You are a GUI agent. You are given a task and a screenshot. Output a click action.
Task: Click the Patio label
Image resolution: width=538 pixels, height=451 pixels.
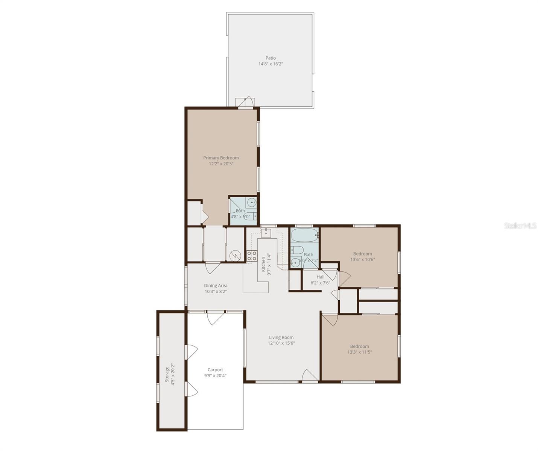coord(271,58)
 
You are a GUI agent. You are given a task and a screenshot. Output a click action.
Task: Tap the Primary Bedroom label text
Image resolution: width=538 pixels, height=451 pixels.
coord(221,158)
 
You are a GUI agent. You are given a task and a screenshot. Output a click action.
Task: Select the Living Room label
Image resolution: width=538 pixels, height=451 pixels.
coord(281,337)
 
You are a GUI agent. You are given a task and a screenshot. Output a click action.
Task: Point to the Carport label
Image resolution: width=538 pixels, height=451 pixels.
coord(215,370)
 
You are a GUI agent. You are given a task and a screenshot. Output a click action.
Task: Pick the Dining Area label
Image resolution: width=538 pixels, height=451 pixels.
coord(216,286)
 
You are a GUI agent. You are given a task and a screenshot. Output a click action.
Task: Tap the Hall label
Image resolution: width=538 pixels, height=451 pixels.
coord(321,277)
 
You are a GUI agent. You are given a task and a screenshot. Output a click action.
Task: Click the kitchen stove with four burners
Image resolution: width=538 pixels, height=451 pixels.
coord(252,256)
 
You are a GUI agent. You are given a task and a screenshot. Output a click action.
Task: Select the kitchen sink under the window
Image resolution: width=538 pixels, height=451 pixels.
coord(266,233)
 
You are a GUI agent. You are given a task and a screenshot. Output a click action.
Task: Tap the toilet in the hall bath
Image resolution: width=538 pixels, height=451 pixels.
coord(297,250)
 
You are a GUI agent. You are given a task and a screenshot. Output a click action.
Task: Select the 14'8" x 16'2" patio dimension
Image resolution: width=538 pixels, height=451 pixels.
coord(271,64)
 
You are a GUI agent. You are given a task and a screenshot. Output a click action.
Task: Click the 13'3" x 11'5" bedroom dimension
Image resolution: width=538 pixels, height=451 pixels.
coord(359,352)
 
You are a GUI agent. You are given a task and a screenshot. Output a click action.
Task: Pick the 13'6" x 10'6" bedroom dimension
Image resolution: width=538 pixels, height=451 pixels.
coord(363,259)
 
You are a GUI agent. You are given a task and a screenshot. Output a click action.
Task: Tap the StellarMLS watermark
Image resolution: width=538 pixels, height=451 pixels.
coord(520,226)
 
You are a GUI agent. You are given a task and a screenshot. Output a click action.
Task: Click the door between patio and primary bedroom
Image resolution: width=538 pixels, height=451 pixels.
coord(246,102)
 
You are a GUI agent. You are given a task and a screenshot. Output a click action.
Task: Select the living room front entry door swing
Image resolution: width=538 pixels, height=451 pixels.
coord(309,376)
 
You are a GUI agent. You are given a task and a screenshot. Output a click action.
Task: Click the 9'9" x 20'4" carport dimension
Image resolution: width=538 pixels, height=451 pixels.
coord(215,375)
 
